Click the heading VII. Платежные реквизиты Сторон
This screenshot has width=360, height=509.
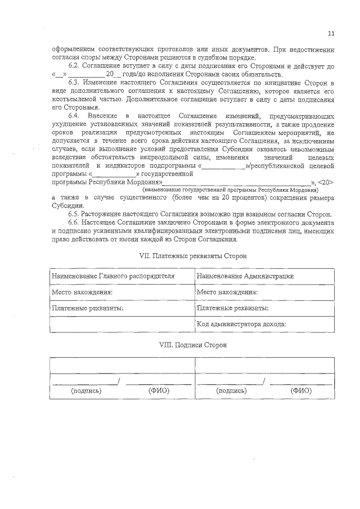192,256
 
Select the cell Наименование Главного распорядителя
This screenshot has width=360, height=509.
113,277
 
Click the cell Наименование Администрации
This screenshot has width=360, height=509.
245,277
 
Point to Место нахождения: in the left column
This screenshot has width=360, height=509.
82,292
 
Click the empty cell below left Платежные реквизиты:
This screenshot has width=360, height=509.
121,325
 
